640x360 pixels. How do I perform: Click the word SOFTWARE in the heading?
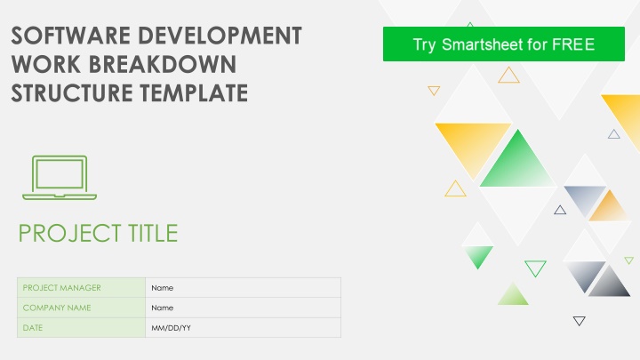(x=71, y=36)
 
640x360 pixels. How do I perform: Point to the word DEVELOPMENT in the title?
(x=220, y=36)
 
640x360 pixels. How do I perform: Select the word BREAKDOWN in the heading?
(x=163, y=64)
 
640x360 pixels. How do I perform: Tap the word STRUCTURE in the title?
(x=72, y=92)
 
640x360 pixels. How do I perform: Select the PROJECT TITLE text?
(x=98, y=233)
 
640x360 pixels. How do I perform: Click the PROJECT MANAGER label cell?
(x=81, y=287)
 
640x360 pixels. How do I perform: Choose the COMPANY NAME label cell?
(x=81, y=308)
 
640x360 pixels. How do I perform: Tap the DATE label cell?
(x=81, y=327)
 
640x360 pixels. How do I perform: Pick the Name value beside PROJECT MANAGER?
(x=162, y=288)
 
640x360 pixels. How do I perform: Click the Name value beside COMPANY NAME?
(x=162, y=308)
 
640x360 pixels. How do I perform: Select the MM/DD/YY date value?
(x=171, y=328)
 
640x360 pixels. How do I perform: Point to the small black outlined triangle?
(x=580, y=319)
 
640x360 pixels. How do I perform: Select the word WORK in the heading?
(x=45, y=64)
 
